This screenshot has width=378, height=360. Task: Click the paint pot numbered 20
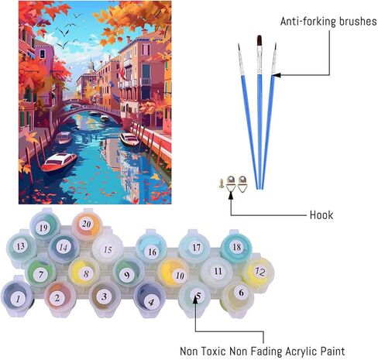pos(87,224)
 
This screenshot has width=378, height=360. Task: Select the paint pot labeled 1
pos(17,299)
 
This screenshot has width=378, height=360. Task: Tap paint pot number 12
pos(259,272)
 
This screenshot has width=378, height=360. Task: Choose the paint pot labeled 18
pos(236,247)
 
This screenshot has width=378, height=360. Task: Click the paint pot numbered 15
pos(107,249)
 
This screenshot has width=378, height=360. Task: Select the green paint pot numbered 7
pos(40,273)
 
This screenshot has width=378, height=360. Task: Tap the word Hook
pos(321,215)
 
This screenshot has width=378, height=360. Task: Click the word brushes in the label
pos(358,21)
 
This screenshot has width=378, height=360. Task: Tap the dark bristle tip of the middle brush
pos(259,41)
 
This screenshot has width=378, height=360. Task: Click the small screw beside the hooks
pos(222,183)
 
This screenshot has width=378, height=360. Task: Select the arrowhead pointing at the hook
pos(231,195)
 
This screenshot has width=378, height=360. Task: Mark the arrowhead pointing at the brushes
pos(276,75)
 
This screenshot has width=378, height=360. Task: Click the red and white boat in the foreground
pos(60,162)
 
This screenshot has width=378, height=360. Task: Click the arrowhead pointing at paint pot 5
pos(195,301)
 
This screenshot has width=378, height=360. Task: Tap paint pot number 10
pos(174,273)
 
